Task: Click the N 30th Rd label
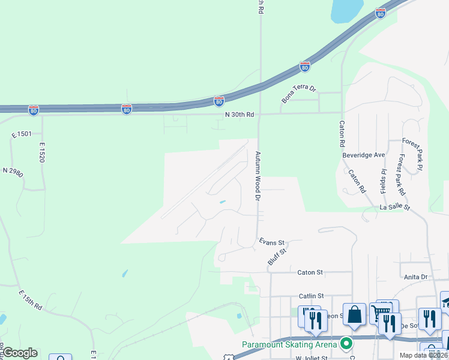[x=240, y=115]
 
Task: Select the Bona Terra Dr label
[x=299, y=94]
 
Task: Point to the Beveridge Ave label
[x=364, y=155]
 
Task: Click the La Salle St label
[x=394, y=208]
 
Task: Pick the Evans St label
[x=271, y=242]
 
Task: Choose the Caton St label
[x=310, y=272]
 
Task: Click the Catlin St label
[x=311, y=296]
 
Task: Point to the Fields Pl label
[x=382, y=181]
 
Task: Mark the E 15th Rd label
[x=30, y=299]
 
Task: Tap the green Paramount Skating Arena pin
[x=345, y=344]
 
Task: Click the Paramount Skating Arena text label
[x=290, y=344]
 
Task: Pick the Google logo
[x=20, y=353]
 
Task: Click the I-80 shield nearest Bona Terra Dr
[x=305, y=66]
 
